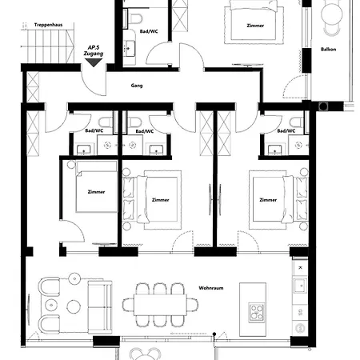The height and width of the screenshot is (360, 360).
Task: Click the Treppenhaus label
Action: pos(48,25)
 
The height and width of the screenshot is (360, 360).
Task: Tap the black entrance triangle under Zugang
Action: pos(94,62)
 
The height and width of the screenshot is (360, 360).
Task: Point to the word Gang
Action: pos(137,86)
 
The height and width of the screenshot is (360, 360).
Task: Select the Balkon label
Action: pos(328,50)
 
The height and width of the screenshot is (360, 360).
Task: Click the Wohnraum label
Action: pos(211,288)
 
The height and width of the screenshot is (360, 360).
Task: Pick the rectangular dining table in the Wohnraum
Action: pos(160,305)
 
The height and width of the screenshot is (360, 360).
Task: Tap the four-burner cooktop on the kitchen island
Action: pos(257,312)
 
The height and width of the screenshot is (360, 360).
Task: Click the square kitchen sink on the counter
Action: pos(300,286)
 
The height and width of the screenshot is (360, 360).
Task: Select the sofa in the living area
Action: pos(100,306)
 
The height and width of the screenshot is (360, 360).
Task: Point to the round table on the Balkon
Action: pos(332,14)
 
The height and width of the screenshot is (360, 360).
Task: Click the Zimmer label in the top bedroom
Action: pos(255,26)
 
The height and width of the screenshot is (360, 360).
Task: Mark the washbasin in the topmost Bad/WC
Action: pos(130,48)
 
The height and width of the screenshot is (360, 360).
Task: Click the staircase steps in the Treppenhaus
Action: pos(50,46)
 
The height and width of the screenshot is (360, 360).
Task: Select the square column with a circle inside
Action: pos(323,106)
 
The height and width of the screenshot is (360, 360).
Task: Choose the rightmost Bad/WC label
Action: pos(286,131)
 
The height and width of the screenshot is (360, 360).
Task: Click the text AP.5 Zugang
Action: pos(94,50)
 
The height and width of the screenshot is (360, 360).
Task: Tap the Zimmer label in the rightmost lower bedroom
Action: pos(268,200)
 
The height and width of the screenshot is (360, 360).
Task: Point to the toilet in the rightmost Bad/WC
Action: pos(296,122)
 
